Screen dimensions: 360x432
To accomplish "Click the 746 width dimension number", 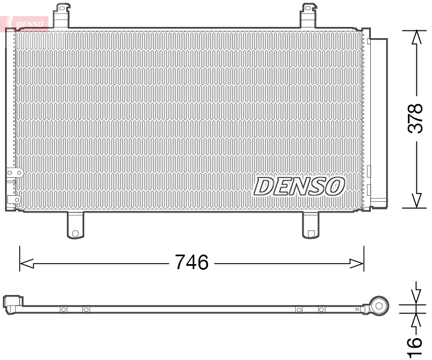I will (x=192, y=262).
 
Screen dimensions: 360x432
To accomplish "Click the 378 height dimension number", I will (x=415, y=118).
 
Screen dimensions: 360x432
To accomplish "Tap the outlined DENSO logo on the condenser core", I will (x=300, y=186).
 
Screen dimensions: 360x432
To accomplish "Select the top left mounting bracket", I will (x=63, y=15).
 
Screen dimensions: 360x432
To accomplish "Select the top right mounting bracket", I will (x=309, y=15).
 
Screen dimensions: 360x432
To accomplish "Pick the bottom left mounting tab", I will (x=75, y=225).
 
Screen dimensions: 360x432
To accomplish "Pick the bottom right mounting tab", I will (x=310, y=225).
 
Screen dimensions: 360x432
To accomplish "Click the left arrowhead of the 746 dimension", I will (x=26, y=262).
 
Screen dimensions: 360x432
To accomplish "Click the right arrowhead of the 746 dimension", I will (x=358, y=262).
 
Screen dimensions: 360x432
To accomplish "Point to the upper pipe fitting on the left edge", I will (x=13, y=175).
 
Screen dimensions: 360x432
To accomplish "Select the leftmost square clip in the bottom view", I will (x=63, y=309).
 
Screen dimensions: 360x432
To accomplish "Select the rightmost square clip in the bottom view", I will (x=321, y=309).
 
